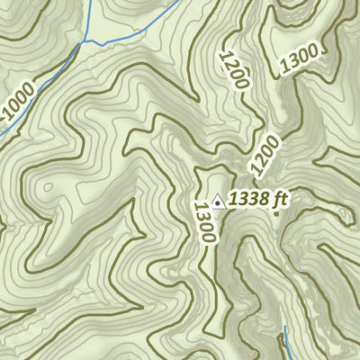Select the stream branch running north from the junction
pyautogui.click(x=89, y=18)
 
